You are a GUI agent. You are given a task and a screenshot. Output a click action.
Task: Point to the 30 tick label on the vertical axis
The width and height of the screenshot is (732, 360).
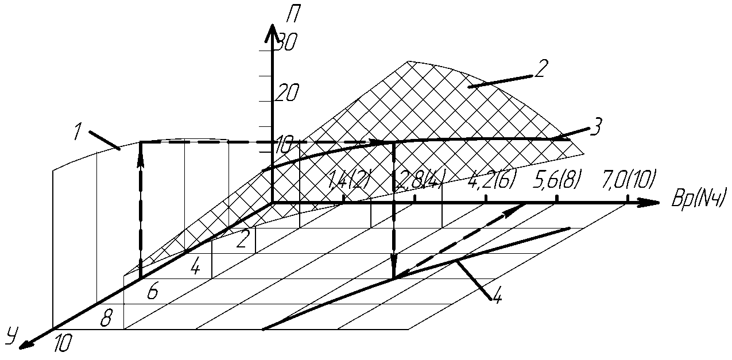(x=285, y=42)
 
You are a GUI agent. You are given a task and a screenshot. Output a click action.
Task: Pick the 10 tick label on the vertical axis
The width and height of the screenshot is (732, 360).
(x=285, y=144)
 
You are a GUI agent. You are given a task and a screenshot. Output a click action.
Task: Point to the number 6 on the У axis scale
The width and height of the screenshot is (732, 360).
(x=152, y=292)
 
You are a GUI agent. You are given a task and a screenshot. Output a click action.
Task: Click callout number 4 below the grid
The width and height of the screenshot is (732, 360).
(x=497, y=297)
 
